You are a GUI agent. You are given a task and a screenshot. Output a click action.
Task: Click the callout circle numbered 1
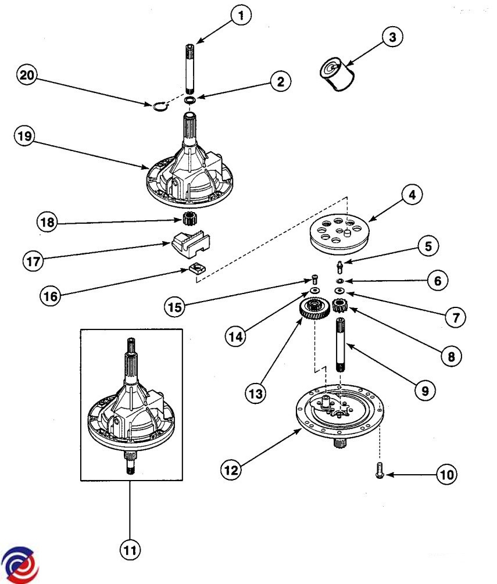(241, 15)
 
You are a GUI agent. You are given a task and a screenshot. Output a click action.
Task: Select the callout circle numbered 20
(27, 75)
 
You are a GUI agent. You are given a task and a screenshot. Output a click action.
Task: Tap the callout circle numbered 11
(130, 550)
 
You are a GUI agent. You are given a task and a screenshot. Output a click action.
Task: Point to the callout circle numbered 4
(412, 195)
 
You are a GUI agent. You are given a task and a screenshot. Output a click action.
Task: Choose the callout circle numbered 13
(256, 393)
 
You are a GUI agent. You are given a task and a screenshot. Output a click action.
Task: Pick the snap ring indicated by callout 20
(160, 106)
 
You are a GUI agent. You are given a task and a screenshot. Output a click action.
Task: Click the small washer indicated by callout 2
(191, 99)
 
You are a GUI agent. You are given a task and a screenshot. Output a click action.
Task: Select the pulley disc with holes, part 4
(338, 234)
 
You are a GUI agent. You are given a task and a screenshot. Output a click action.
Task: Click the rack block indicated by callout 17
(191, 243)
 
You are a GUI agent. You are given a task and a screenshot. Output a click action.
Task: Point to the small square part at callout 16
(197, 267)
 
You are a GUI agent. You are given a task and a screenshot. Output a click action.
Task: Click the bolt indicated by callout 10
(380, 470)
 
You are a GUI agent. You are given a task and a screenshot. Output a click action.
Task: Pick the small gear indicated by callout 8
(340, 306)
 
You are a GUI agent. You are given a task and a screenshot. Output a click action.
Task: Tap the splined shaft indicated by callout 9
(341, 345)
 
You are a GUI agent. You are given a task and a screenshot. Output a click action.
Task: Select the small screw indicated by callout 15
(315, 279)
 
